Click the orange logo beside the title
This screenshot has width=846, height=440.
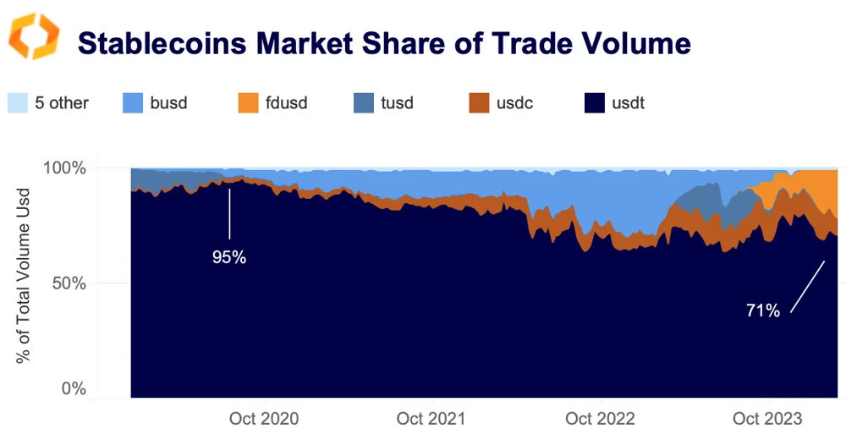(x=33, y=36)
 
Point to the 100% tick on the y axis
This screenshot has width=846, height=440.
(x=64, y=168)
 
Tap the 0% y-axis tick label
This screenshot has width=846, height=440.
(x=74, y=389)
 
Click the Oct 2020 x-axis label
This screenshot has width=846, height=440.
(x=264, y=419)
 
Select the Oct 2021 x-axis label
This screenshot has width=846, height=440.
(x=431, y=419)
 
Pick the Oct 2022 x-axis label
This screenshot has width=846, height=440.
(x=600, y=419)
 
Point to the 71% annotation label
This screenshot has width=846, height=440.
(x=762, y=311)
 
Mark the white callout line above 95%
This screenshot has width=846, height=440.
(x=228, y=212)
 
